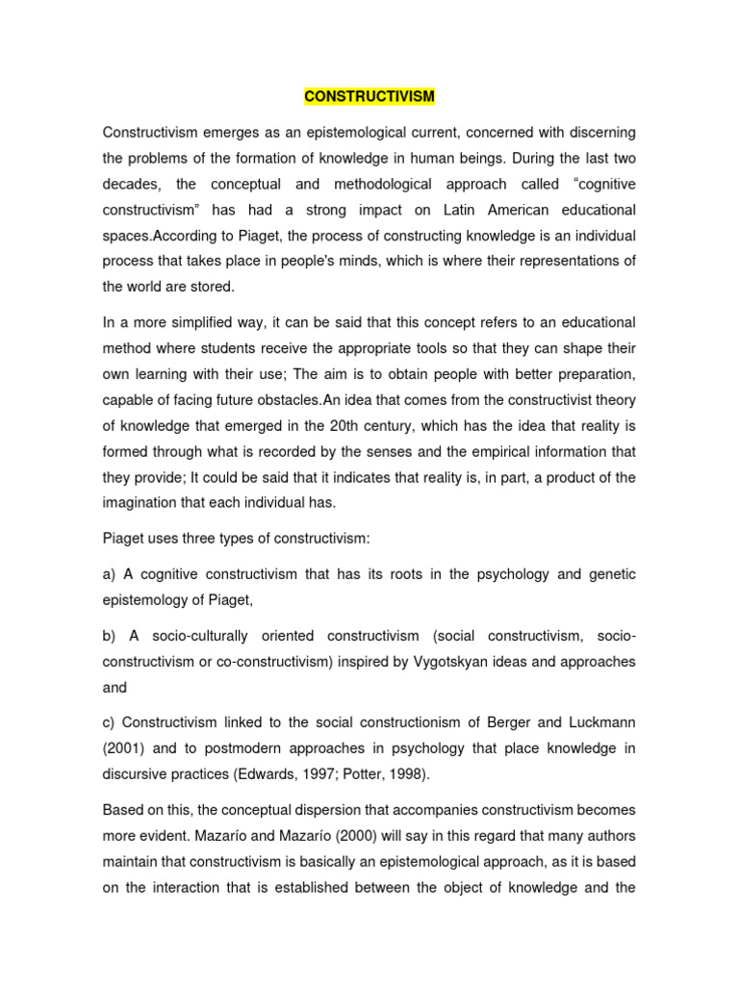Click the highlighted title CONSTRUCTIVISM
click(x=369, y=96)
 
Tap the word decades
click(x=131, y=184)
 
